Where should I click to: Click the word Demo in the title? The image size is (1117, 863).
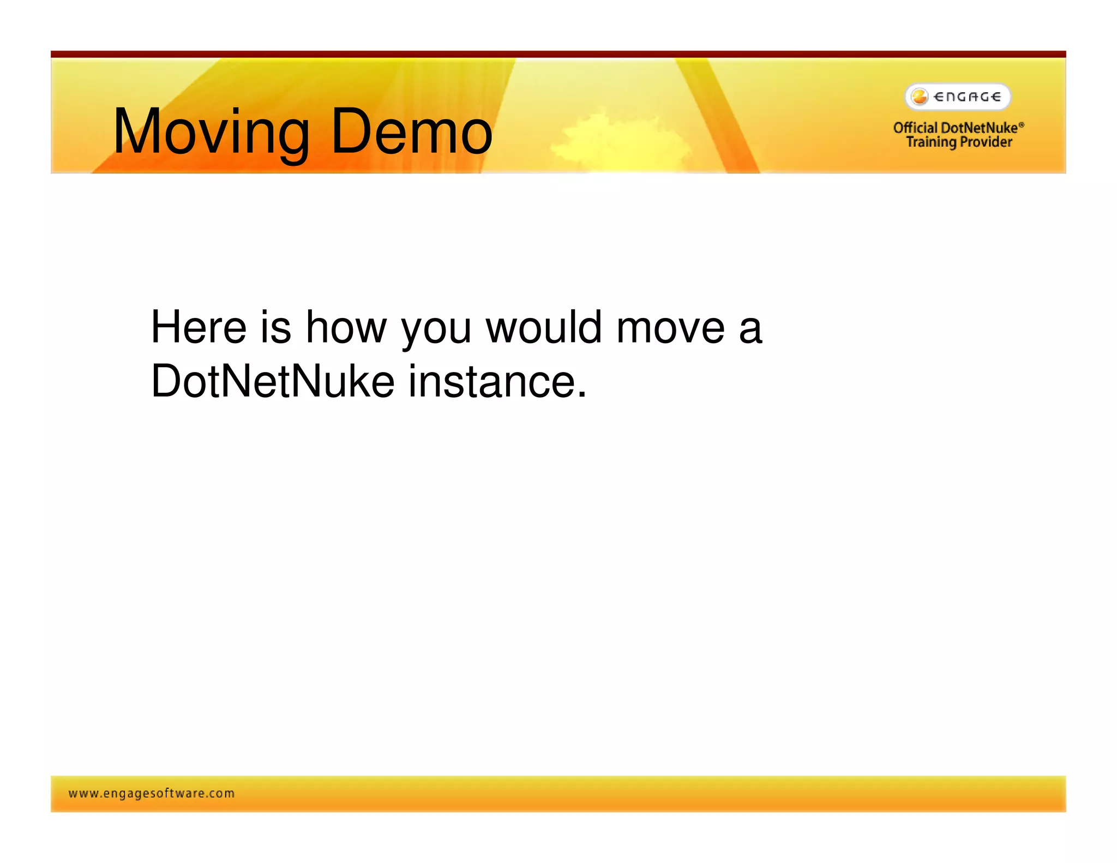tap(411, 132)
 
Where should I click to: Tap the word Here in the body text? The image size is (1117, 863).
tap(199, 327)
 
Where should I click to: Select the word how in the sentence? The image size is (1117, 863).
tap(346, 327)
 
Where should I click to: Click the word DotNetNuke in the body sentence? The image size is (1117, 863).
tap(272, 381)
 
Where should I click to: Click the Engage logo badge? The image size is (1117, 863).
tap(958, 97)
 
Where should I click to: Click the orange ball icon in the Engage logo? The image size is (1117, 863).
tap(920, 97)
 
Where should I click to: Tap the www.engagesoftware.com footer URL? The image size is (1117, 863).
tap(152, 794)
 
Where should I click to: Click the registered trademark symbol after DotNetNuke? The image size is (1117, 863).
tap(1022, 124)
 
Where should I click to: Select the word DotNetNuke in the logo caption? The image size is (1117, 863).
tap(979, 128)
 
